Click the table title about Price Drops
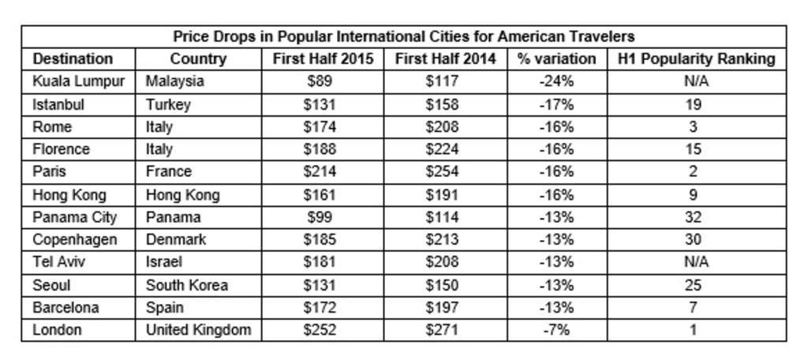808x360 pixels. tap(404, 36)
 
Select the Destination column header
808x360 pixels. tap(73, 59)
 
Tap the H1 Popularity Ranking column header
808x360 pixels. tap(692, 59)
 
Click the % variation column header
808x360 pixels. tap(556, 59)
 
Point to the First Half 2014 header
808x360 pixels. tap(445, 59)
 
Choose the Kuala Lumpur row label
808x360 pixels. tap(78, 81)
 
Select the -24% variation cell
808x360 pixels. tap(556, 81)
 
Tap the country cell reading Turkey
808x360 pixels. tap(168, 104)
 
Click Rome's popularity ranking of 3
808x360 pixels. tap(692, 126)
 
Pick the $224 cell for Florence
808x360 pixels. tap(445, 149)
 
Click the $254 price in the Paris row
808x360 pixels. tap(445, 171)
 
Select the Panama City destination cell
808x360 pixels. tap(74, 217)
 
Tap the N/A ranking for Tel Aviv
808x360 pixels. tap(692, 262)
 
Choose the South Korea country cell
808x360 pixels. tap(186, 285)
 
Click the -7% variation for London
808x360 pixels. tap(556, 330)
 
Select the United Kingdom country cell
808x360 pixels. tap(198, 330)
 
